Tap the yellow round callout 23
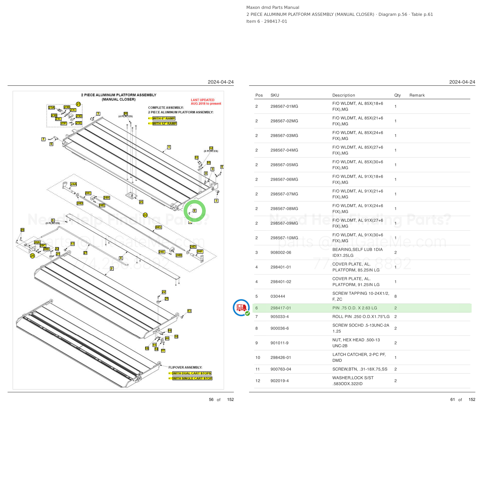pos(78,104)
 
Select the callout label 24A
pos(73,184)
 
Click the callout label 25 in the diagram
pos(141,202)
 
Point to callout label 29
pos(22,230)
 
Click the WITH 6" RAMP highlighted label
pos(164,118)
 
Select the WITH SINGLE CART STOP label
pos(192,378)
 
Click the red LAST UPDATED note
pos(206,102)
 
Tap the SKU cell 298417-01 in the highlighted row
pos(281,308)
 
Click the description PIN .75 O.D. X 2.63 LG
pos(355,308)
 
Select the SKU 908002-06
pos(281,253)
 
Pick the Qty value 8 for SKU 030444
pos(395,296)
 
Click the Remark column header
pos(417,95)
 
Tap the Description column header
pos(344,95)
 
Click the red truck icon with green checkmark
pos(241,308)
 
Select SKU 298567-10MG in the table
pos(284,238)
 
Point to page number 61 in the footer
pos(452,400)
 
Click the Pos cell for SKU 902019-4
pos(258,381)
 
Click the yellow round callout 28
pos(32,256)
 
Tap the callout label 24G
pos(158,227)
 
